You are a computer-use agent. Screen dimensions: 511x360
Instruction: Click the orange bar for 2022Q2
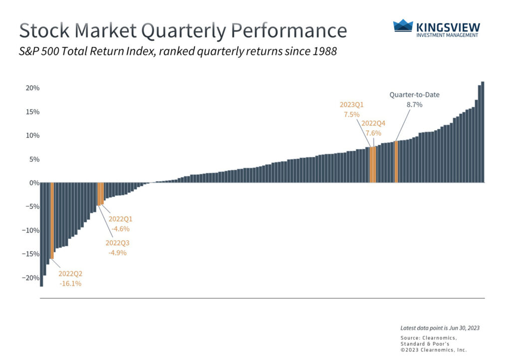tap(52, 220)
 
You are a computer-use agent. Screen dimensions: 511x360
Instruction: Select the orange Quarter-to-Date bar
tap(396, 162)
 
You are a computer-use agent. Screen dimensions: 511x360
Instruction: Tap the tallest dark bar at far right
tap(483, 132)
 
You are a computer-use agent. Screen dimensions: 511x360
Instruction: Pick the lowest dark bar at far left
tap(41, 235)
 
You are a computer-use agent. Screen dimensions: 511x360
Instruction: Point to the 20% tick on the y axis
tap(32, 88)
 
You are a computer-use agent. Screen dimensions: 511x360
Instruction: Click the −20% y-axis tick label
tap(30, 278)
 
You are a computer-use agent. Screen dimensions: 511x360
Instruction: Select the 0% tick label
tap(34, 183)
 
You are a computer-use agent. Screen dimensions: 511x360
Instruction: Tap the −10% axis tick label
tap(30, 230)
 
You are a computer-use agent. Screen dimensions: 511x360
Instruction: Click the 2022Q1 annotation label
tap(120, 219)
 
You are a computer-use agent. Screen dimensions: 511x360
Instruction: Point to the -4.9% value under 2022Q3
tap(117, 253)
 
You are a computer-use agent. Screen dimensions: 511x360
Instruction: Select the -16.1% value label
tap(70, 284)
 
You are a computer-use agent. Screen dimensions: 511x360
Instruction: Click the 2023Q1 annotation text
tap(351, 105)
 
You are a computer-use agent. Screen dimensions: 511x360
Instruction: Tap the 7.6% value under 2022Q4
tap(373, 133)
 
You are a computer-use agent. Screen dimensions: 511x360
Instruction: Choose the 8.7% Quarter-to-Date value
tap(414, 105)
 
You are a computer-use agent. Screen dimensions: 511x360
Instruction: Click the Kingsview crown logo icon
tap(403, 25)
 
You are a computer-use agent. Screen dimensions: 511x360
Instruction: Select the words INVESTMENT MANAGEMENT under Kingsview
tap(447, 35)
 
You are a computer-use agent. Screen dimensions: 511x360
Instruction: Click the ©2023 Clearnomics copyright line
tap(434, 350)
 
